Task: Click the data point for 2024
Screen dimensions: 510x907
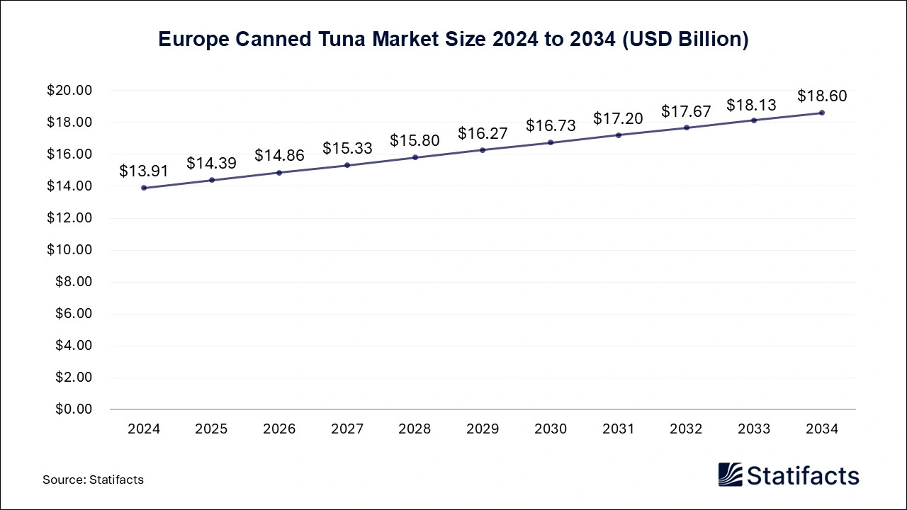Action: click(x=144, y=188)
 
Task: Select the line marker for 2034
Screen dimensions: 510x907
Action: click(x=822, y=113)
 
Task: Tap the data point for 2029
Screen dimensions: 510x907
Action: click(x=483, y=150)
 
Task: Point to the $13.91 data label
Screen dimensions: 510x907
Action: click(x=144, y=171)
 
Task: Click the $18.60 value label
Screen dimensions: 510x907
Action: click(x=822, y=96)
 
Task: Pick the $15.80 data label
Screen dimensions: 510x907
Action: click(x=415, y=140)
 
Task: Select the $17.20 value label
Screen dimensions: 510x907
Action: click(x=618, y=118)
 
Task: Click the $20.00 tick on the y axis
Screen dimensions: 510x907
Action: click(x=69, y=91)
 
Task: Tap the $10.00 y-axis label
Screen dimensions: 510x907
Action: click(x=69, y=250)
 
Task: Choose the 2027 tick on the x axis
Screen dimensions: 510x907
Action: click(x=347, y=429)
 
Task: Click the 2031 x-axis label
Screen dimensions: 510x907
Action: click(x=618, y=429)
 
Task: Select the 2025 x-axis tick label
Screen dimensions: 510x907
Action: click(x=211, y=429)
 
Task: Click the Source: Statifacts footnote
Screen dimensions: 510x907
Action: click(x=93, y=480)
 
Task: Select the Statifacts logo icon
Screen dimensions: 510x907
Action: click(x=730, y=475)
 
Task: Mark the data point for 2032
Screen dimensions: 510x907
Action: click(x=686, y=127)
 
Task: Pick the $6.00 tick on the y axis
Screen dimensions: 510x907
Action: click(x=72, y=314)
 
